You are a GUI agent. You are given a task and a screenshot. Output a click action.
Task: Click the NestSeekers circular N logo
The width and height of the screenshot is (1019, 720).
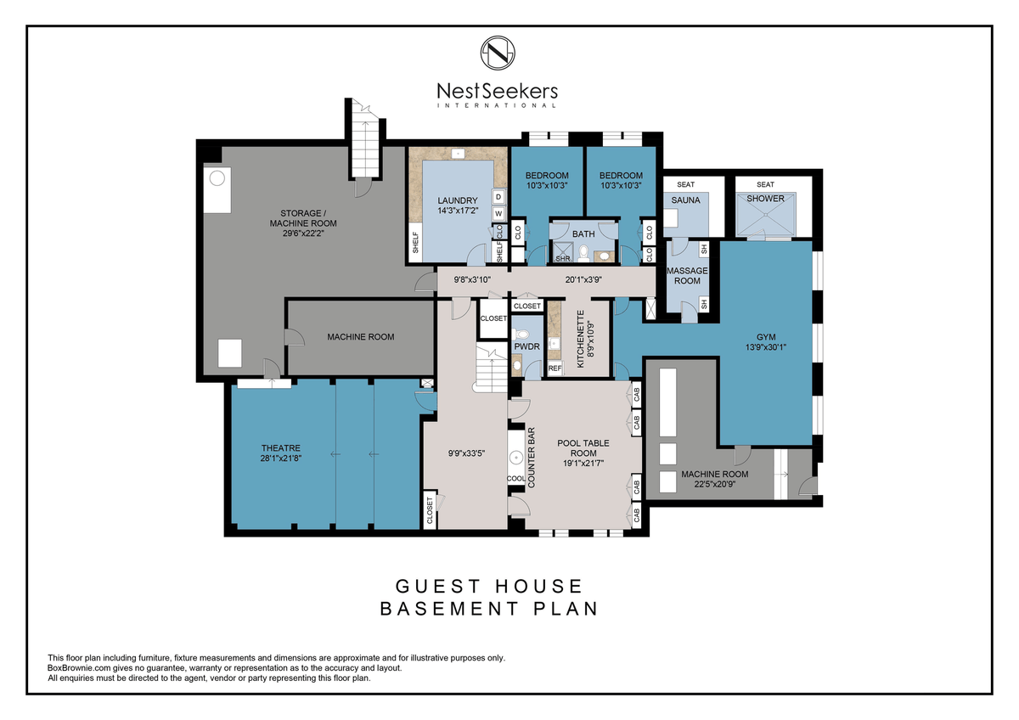[x=498, y=53]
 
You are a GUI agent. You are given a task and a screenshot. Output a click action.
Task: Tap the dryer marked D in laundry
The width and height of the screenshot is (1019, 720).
[x=498, y=197]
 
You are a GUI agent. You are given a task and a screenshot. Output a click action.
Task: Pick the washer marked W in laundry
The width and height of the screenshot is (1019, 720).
[x=498, y=213]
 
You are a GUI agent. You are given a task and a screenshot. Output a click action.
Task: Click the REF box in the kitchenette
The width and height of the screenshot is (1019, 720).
[x=555, y=368]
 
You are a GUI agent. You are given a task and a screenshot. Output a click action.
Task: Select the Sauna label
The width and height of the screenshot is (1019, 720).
[x=685, y=200]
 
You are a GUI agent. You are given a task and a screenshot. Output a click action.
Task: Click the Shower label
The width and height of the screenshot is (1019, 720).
[x=766, y=199]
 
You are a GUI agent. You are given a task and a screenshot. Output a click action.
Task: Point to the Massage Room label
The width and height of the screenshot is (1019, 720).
[x=687, y=276]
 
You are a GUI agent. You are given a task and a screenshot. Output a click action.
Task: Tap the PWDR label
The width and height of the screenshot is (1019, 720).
[x=526, y=346]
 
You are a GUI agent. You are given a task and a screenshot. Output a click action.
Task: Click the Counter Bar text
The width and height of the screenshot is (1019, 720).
[x=531, y=458]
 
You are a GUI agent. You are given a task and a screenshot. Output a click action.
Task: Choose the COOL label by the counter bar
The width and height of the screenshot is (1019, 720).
[x=516, y=479]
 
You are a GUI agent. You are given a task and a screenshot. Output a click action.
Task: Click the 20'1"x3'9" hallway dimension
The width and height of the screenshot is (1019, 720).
[x=583, y=279]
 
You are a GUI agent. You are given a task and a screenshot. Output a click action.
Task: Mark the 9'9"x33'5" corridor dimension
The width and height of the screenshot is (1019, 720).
[x=467, y=453]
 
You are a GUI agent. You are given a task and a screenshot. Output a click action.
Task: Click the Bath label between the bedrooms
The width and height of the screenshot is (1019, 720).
[x=583, y=233]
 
